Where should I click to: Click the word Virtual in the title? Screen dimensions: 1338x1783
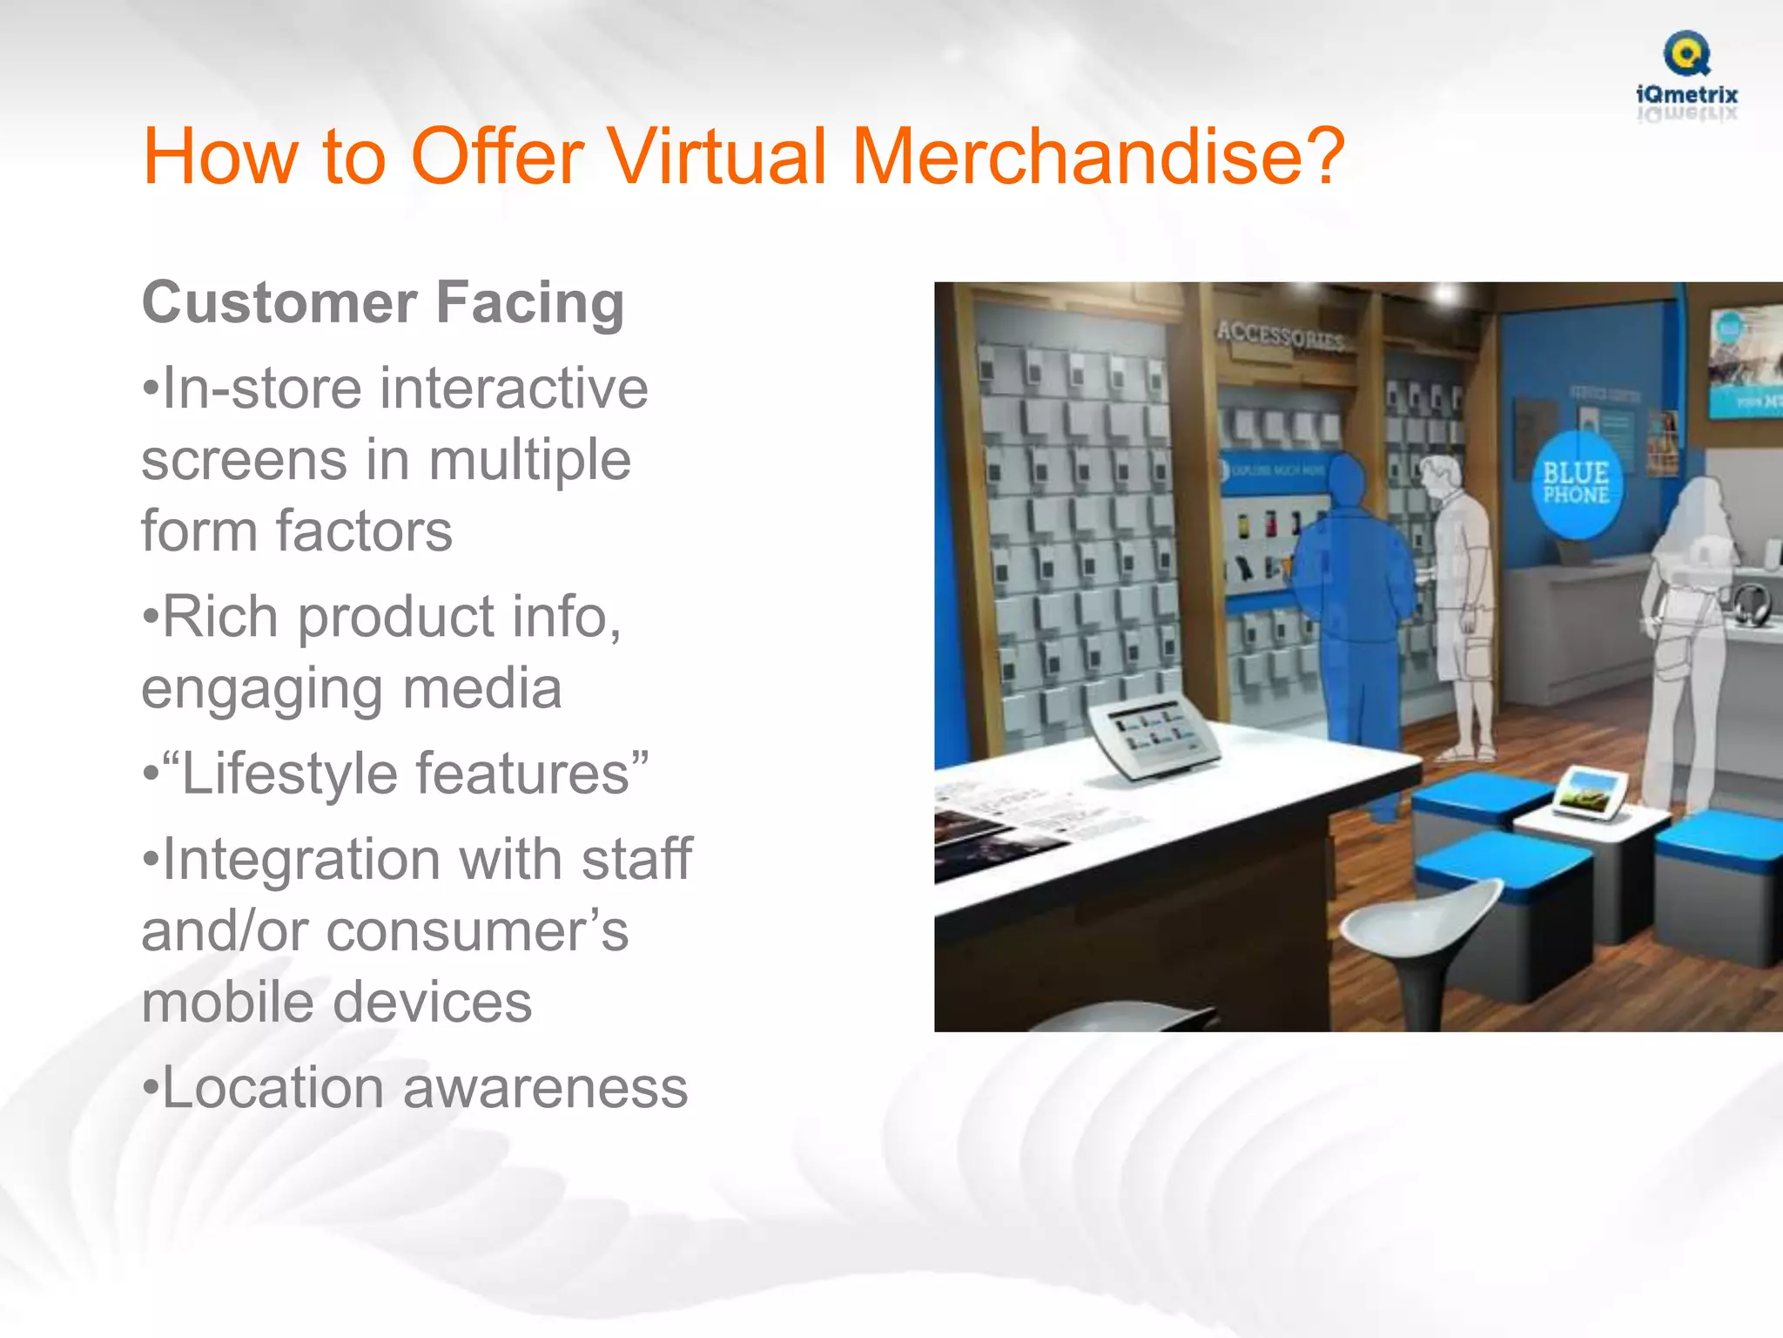(x=717, y=157)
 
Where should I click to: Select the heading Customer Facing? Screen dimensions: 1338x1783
(x=383, y=303)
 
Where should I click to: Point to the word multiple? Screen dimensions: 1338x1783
(x=529, y=460)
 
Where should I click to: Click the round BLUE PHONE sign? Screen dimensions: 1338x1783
(x=1576, y=484)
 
